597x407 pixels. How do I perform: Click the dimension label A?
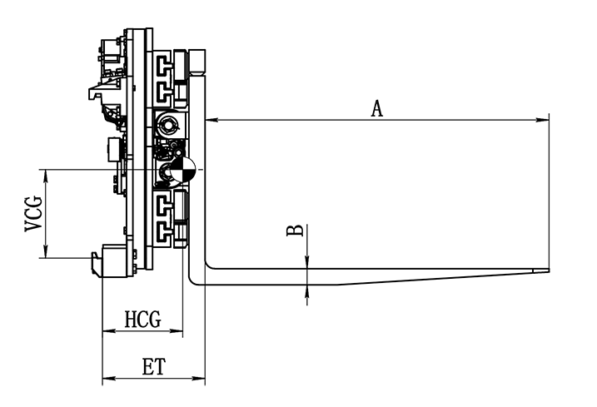[377, 108]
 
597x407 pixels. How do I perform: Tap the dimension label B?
[295, 231]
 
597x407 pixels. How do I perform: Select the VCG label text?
[33, 214]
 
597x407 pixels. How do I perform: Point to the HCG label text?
[142, 319]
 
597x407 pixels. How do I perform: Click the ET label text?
[154, 367]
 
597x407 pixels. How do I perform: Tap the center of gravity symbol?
[182, 169]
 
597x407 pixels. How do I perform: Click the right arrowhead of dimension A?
[543, 121]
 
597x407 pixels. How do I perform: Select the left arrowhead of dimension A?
[211, 121]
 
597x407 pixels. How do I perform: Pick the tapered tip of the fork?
[540, 271]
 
